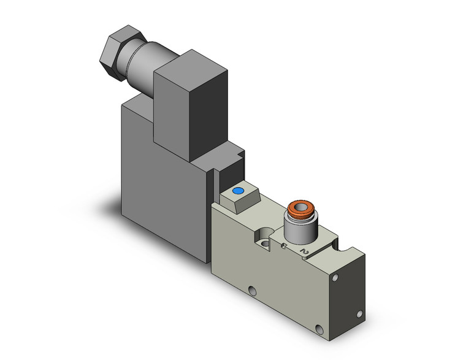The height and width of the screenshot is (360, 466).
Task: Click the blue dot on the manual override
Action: pos(239,193)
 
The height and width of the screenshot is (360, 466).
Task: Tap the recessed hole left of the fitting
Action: pos(263,237)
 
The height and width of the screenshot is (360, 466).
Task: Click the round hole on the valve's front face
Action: pos(251,289)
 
